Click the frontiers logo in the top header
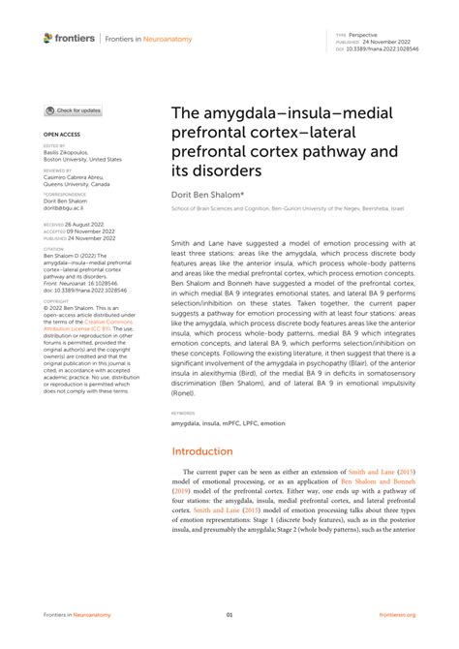(x=69, y=38)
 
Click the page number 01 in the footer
(x=229, y=614)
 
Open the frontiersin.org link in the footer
(x=397, y=614)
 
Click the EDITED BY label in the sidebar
(x=55, y=146)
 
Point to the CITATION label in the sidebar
(x=54, y=248)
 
